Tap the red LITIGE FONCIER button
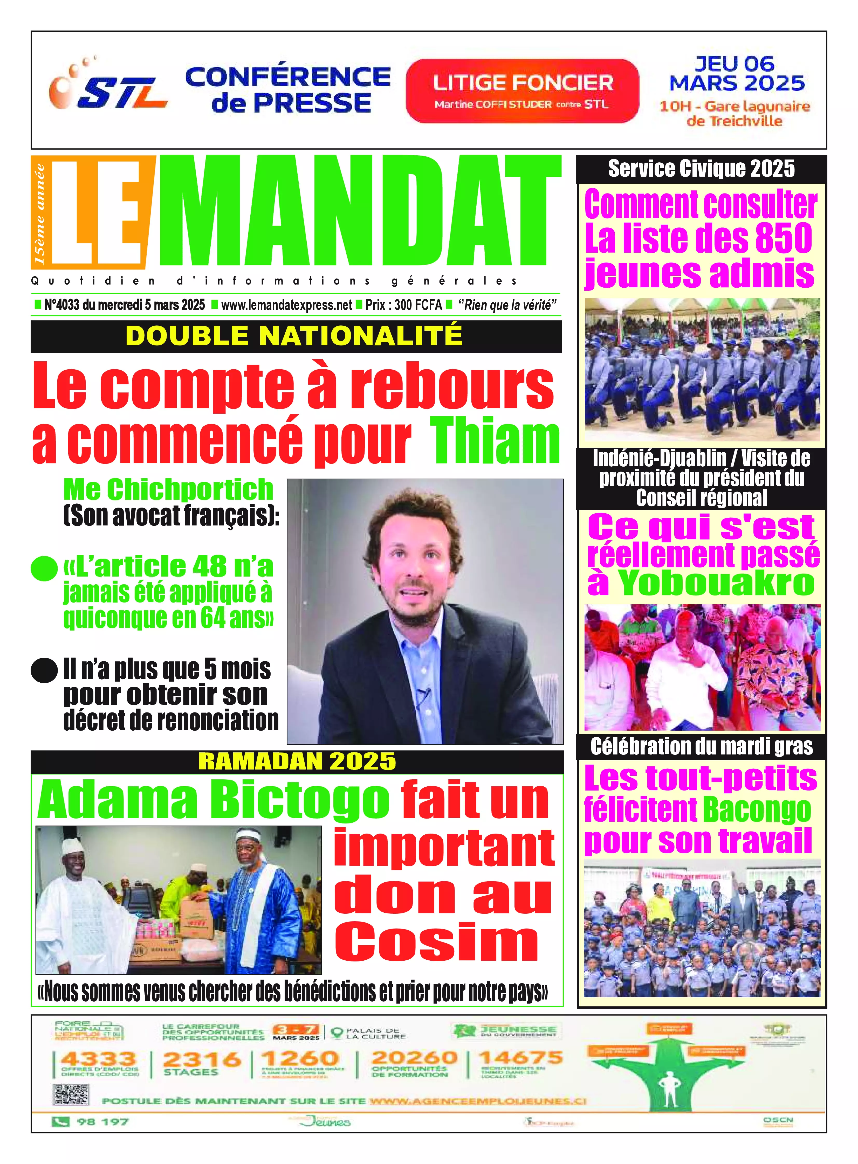(523, 91)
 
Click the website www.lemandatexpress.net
(287, 305)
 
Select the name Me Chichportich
(168, 489)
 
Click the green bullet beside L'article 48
(44, 568)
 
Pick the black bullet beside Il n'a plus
(44, 670)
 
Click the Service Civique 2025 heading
(701, 169)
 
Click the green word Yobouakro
(717, 584)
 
